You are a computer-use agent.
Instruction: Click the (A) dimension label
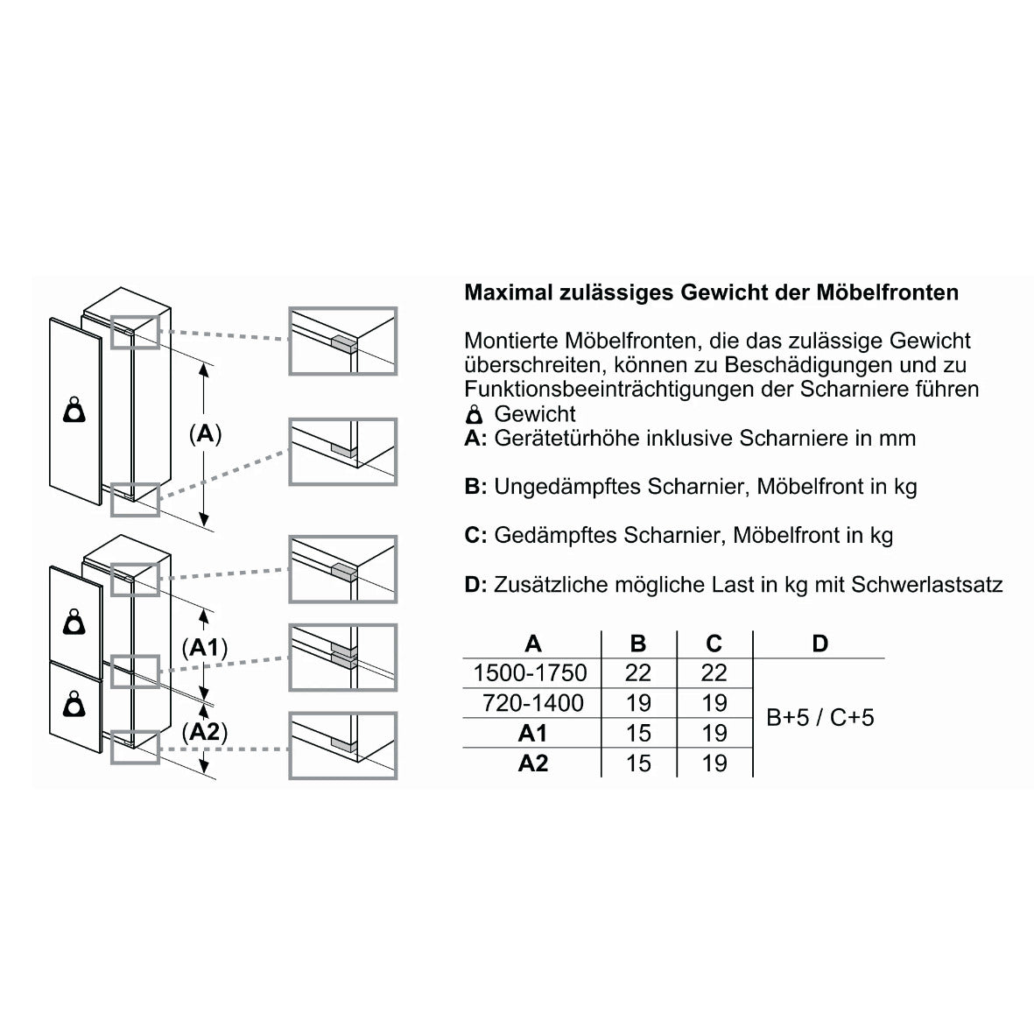(x=205, y=434)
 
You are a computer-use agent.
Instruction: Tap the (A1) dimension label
(x=204, y=648)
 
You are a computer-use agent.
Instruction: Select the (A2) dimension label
(x=204, y=732)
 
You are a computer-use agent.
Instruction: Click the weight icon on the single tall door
(x=74, y=410)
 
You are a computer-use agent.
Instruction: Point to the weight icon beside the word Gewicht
(x=475, y=415)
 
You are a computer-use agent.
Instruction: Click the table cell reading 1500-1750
(x=531, y=672)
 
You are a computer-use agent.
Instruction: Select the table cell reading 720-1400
(x=533, y=703)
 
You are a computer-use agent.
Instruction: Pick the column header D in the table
(x=819, y=643)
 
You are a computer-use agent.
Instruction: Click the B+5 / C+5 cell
(x=819, y=717)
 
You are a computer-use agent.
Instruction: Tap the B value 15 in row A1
(x=638, y=734)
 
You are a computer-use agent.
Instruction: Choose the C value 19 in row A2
(x=714, y=763)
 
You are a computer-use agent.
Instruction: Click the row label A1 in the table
(x=533, y=734)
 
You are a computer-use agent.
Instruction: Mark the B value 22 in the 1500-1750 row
(x=638, y=672)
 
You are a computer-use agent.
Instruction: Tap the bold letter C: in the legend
(x=475, y=536)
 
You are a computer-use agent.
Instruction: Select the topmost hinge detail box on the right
(x=343, y=341)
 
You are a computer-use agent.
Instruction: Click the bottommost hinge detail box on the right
(x=343, y=746)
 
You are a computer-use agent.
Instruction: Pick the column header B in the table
(x=638, y=643)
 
